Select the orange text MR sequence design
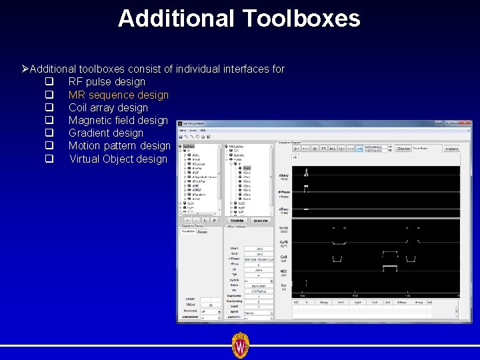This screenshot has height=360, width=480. [x=119, y=95]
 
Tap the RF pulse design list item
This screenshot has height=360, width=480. [x=107, y=81]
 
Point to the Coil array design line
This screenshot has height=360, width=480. [x=108, y=107]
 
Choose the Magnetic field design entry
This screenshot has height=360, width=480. [x=118, y=120]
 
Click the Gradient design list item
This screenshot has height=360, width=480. [x=106, y=133]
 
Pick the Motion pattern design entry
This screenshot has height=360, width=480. [x=119, y=145]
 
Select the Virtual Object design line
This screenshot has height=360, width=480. [x=118, y=159]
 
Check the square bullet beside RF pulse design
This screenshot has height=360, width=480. [x=49, y=81]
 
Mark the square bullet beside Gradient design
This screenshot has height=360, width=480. [x=49, y=133]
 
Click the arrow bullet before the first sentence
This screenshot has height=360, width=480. [x=25, y=69]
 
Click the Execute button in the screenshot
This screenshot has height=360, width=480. [x=260, y=221]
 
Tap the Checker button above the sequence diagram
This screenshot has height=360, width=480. [x=403, y=149]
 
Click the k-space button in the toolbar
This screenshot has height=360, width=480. [x=451, y=149]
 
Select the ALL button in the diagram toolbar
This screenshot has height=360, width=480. [x=333, y=149]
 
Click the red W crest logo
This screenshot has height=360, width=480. [x=240, y=345]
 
